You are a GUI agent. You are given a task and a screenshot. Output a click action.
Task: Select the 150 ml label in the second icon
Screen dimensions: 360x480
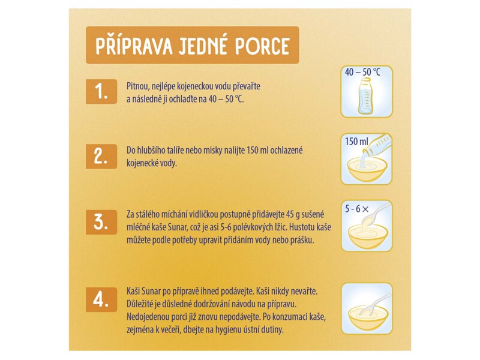(x=356, y=142)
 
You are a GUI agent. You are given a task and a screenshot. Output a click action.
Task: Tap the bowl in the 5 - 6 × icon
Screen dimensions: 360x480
(x=367, y=236)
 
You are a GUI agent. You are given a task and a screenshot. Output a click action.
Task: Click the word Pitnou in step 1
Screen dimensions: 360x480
(x=137, y=86)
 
